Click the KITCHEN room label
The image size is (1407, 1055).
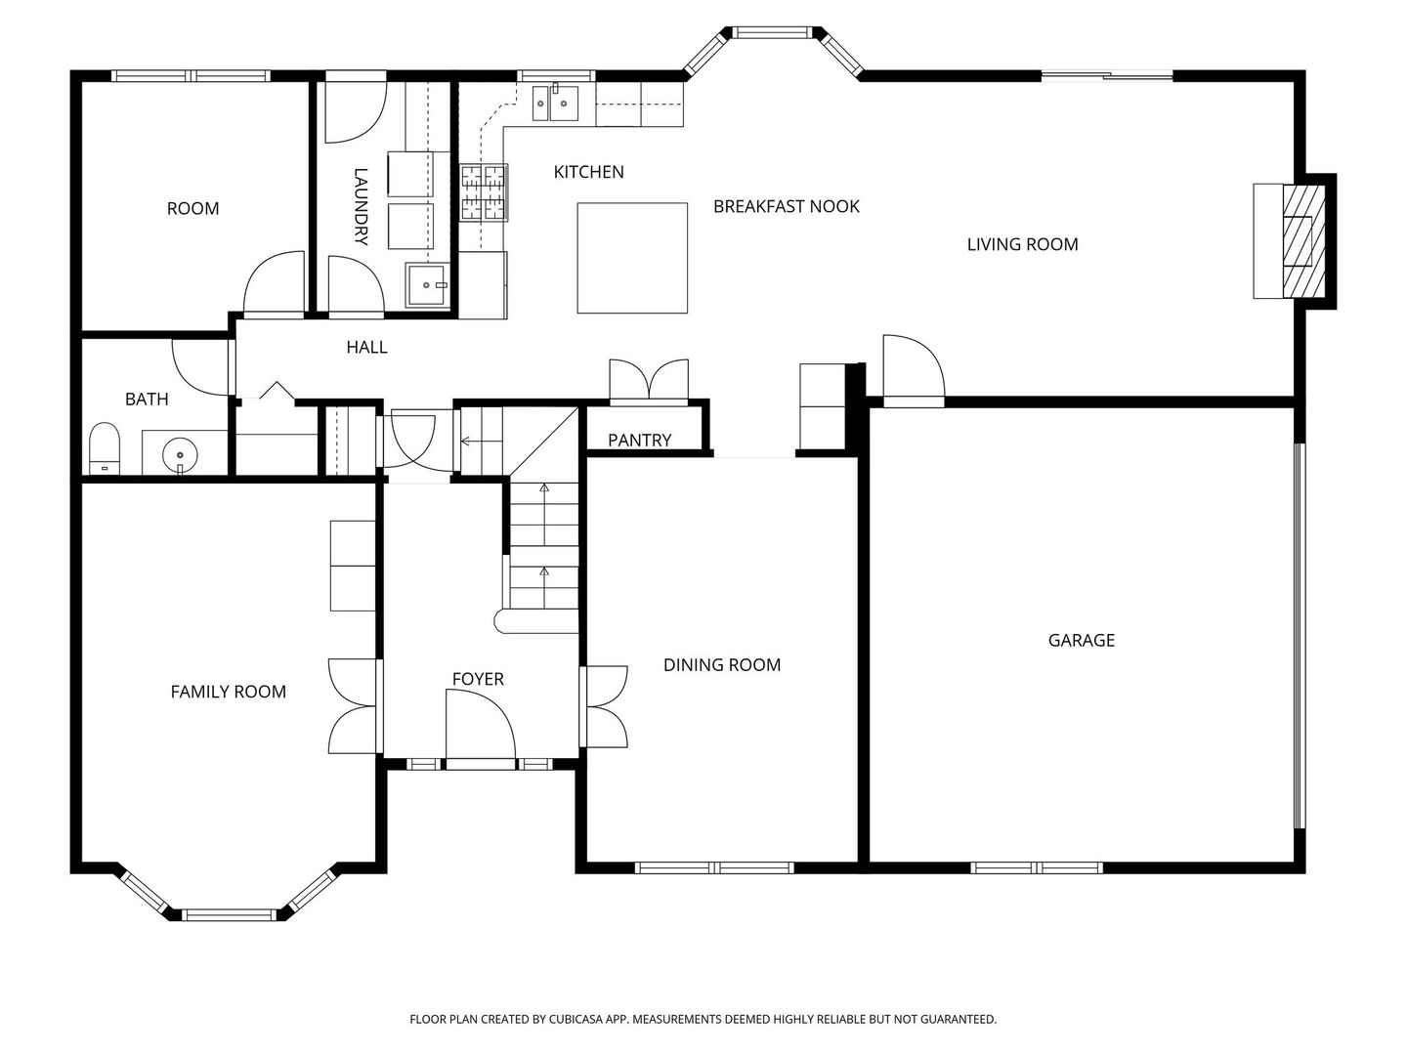[x=588, y=172]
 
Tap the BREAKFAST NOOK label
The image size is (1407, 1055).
[x=786, y=206]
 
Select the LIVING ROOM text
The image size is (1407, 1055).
[x=1022, y=244]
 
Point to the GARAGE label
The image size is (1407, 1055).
[x=1082, y=640]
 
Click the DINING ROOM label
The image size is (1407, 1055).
[x=722, y=665]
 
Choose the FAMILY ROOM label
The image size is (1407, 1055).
[x=229, y=692]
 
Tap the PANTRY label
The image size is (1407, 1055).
[x=639, y=440]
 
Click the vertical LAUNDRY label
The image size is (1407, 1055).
[x=361, y=206]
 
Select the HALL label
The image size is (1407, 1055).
[x=366, y=347]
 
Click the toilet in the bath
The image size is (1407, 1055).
[x=105, y=447]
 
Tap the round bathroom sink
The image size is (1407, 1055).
[x=180, y=455]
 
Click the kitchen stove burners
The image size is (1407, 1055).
[x=484, y=192]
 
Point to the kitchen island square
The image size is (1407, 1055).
[x=632, y=258]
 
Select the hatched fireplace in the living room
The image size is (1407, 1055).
[x=1303, y=241]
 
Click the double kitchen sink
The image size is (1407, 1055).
[x=555, y=103]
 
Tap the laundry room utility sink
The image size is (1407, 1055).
[x=427, y=285]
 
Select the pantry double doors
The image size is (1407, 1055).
[x=649, y=382]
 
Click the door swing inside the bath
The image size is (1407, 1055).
[x=200, y=367]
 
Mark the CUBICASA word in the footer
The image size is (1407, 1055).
[x=576, y=1019]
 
